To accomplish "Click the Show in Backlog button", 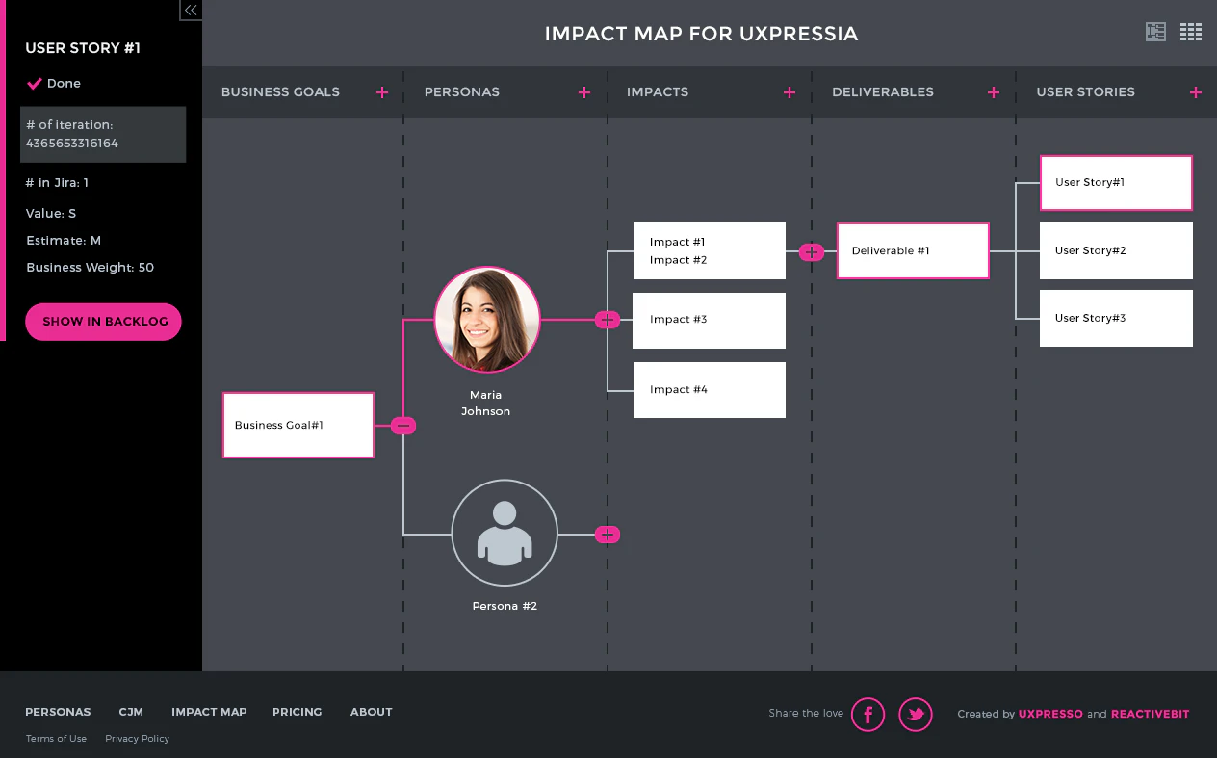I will pos(104,322).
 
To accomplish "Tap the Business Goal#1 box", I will pos(298,425).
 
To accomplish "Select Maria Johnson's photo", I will pos(487,320).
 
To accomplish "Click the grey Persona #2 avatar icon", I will pos(505,533).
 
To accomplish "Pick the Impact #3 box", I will pos(709,320).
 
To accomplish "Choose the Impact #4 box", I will pos(709,390).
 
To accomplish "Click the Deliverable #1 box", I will pos(913,251).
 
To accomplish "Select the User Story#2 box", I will pos(1116,251).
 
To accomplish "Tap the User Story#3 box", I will pos(1116,319).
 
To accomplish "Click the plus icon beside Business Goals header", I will pos(382,92).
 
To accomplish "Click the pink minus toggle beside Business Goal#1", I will pos(404,426).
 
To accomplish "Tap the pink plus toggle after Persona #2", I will pos(608,535).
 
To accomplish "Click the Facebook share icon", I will pos(867,715).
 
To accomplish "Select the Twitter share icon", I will pos(916,715).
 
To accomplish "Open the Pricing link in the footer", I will pos(298,712).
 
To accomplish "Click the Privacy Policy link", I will pos(138,739).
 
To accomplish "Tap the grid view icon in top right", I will pos(1191,32).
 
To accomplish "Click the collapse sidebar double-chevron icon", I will pos(191,11).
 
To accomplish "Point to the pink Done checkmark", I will pos(35,84).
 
